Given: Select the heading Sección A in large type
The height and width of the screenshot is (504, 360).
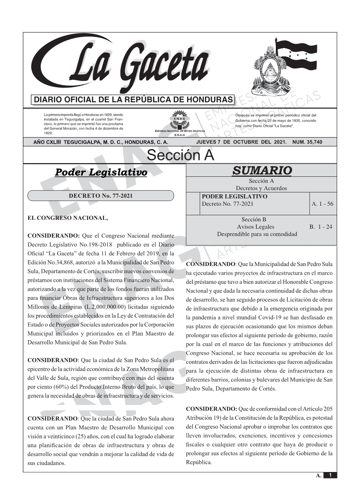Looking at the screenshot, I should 180,155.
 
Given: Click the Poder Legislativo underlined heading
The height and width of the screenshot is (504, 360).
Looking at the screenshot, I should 101,172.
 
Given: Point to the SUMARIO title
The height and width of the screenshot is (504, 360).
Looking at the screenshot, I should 262,170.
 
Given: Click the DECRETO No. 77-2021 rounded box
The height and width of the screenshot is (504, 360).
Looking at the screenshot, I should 101,196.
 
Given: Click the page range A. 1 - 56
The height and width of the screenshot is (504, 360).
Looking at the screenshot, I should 322,204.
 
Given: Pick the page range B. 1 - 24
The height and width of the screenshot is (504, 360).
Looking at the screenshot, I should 320,227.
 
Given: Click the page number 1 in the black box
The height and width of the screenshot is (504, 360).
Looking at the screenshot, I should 330,475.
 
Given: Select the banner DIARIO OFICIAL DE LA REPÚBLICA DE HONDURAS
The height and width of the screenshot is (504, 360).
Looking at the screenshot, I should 133,100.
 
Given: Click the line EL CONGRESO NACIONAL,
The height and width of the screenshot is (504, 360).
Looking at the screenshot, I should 68,218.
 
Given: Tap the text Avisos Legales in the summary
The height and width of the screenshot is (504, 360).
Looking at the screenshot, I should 255,227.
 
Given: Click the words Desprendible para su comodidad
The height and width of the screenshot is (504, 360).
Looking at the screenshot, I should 257,234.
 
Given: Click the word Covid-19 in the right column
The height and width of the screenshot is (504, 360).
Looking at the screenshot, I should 271,318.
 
